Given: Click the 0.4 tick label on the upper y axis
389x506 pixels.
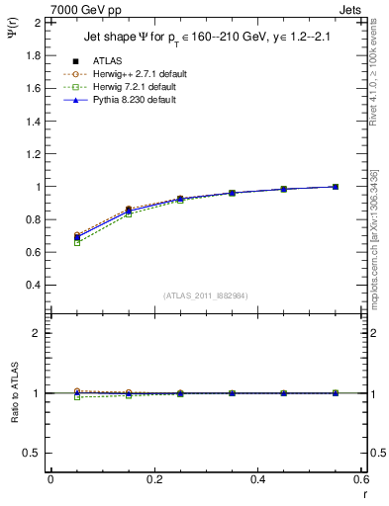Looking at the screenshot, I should (33, 285).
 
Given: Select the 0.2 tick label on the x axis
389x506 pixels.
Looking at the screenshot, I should (153, 479).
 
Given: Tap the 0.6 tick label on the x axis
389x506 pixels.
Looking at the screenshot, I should (360, 479).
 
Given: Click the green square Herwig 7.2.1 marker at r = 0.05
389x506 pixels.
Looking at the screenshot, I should (77, 242).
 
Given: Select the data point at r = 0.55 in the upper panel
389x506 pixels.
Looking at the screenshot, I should (336, 187).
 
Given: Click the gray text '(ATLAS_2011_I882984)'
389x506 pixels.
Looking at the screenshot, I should (206, 295).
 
